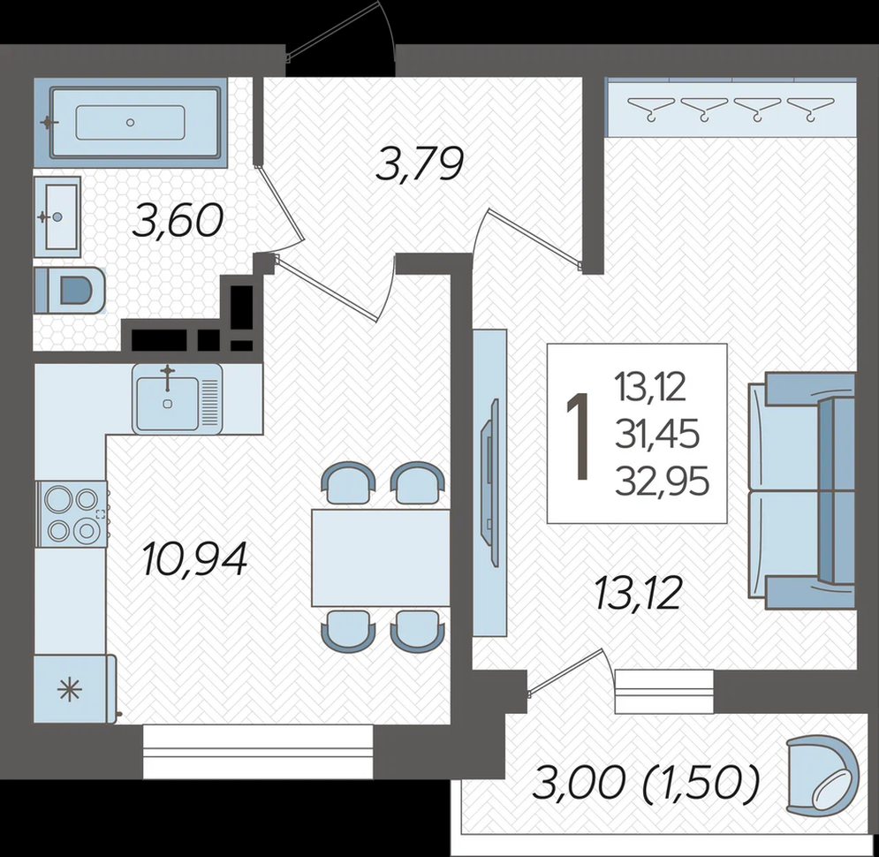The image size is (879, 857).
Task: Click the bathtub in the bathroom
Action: point(131,122)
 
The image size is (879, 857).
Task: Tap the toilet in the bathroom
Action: point(70,290)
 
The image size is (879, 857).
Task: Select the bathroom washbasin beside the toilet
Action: point(57,216)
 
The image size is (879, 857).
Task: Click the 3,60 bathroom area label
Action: point(178,221)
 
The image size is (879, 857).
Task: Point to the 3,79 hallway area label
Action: point(420,164)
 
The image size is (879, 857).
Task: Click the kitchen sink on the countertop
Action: point(178,398)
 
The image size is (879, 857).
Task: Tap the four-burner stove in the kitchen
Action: point(72,513)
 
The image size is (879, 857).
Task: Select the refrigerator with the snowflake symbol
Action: point(75,688)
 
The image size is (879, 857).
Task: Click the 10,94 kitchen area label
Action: point(194,559)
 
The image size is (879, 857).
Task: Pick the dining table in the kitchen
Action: point(381,557)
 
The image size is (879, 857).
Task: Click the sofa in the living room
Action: point(801,490)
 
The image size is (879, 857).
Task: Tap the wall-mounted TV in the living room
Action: point(490,482)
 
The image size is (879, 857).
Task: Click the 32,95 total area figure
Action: point(662,482)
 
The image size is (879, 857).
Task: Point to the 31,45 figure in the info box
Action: point(657,435)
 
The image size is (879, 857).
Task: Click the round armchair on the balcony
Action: point(822,776)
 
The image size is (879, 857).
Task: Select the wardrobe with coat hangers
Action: point(732,108)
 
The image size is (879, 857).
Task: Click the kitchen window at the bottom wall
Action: point(258,751)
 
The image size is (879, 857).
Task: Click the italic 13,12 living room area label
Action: point(639,594)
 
